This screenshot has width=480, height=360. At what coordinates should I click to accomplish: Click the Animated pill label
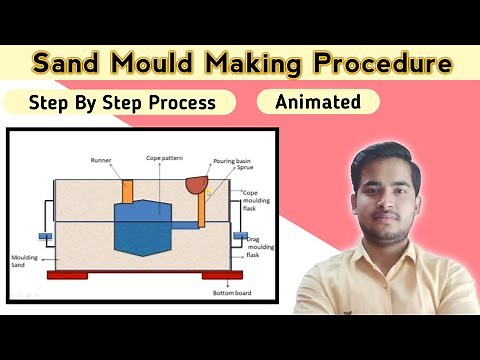pos(317,101)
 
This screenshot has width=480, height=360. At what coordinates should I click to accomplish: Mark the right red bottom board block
pos(222,275)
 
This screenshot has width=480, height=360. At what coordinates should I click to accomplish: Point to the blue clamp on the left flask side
pos(46,237)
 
